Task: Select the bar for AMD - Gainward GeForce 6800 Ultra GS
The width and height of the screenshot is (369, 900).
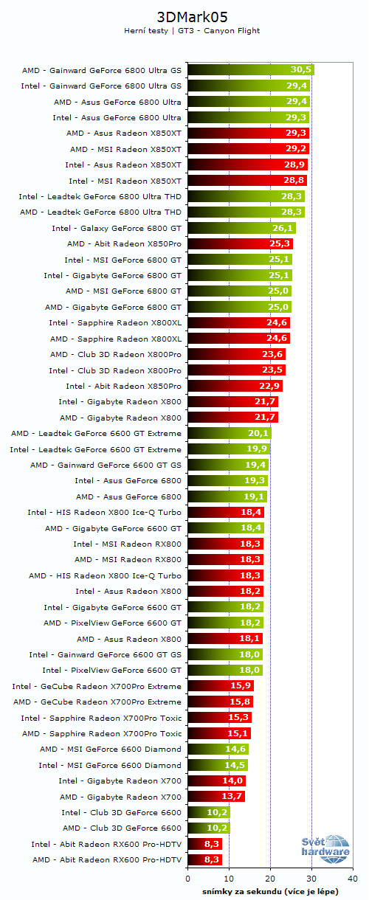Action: [x=251, y=70]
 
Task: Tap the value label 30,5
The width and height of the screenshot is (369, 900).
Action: [x=300, y=70]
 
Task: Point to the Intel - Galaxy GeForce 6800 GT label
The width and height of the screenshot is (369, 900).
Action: [x=117, y=228]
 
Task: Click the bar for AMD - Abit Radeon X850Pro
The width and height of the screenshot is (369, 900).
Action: [x=240, y=243]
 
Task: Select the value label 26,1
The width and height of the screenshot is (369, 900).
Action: [x=283, y=228]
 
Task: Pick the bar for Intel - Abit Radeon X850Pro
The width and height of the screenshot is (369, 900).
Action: [x=235, y=386]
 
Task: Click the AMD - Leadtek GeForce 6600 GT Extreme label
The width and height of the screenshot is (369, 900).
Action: [x=96, y=433]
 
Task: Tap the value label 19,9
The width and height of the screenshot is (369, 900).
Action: [x=258, y=449]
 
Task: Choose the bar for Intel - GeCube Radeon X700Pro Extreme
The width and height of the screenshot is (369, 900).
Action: [x=221, y=686]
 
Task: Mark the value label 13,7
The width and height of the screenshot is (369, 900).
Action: [x=232, y=797]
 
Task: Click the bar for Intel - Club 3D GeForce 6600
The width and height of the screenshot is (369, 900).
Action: [x=209, y=812]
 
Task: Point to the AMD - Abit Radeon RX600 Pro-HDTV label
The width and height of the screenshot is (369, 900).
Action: [x=107, y=859]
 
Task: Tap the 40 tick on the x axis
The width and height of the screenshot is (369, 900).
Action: [x=353, y=879]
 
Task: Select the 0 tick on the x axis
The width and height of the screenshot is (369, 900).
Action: [x=187, y=879]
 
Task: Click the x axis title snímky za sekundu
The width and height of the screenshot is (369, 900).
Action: [x=270, y=891]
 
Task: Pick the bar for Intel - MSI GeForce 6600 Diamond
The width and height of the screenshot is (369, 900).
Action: [x=218, y=765]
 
